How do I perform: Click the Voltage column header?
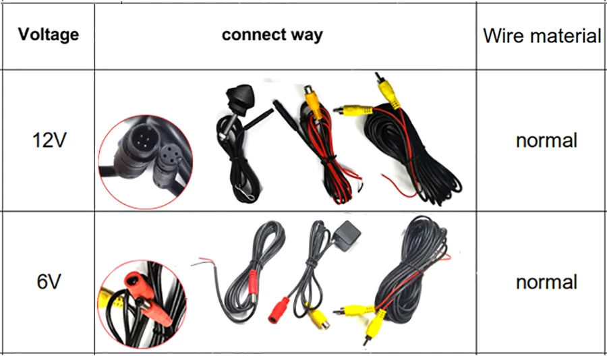(x=48, y=34)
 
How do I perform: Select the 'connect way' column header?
(x=272, y=34)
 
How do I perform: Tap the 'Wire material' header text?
(x=542, y=36)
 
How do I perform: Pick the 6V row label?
(x=49, y=281)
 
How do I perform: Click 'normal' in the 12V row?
(x=546, y=141)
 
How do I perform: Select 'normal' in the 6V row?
(x=546, y=282)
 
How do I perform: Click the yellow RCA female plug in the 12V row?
(x=312, y=98)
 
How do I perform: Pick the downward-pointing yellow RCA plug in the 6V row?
(x=370, y=330)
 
